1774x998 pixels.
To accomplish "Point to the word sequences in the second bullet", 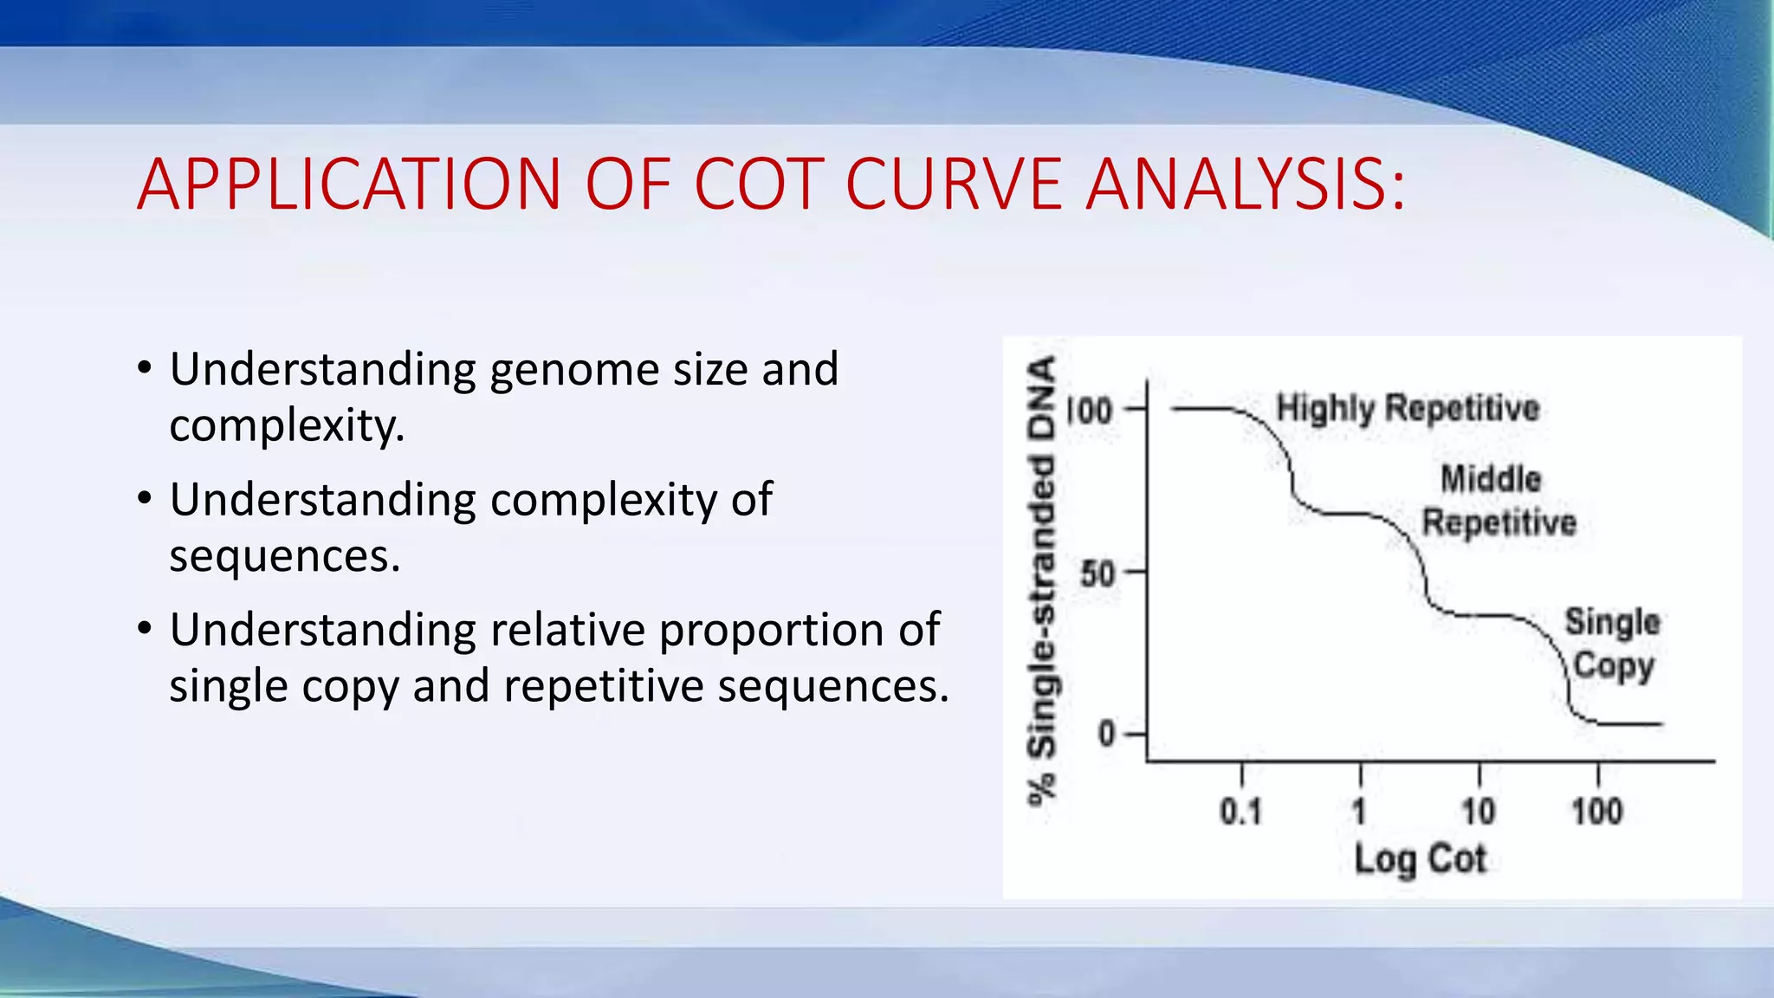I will [284, 556].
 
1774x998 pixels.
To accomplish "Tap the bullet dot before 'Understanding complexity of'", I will [145, 500].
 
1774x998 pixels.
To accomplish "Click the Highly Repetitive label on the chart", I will [1408, 408].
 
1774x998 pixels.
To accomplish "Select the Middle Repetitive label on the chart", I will [1498, 502].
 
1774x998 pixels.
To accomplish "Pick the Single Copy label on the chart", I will [1612, 644].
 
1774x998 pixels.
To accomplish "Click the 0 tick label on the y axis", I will [1107, 735].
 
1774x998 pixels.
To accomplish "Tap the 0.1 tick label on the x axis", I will [1240, 812].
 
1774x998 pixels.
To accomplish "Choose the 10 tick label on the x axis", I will [1478, 812].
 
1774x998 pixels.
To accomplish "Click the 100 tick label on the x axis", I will [1596, 812].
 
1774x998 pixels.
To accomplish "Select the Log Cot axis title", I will [1420, 859].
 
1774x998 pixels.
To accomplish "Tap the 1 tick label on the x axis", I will [1359, 812].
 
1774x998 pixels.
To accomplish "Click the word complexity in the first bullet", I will [286, 426].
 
